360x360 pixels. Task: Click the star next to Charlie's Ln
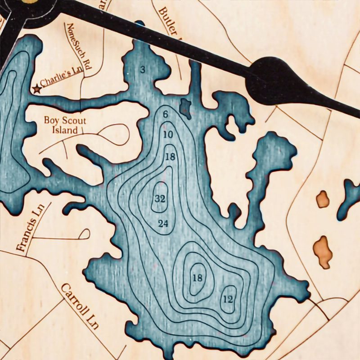tap(36, 90)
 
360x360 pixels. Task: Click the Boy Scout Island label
tap(64, 126)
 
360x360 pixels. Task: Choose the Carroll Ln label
tap(80, 306)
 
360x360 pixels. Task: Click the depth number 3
tap(143, 70)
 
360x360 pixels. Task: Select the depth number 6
tap(166, 114)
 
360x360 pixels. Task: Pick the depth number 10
tap(168, 135)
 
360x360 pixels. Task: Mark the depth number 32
tap(160, 198)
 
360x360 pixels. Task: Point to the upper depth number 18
tap(170, 157)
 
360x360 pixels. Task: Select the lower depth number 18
tap(197, 278)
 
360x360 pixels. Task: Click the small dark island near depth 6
tap(185, 106)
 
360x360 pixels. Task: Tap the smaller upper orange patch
tap(322, 199)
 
